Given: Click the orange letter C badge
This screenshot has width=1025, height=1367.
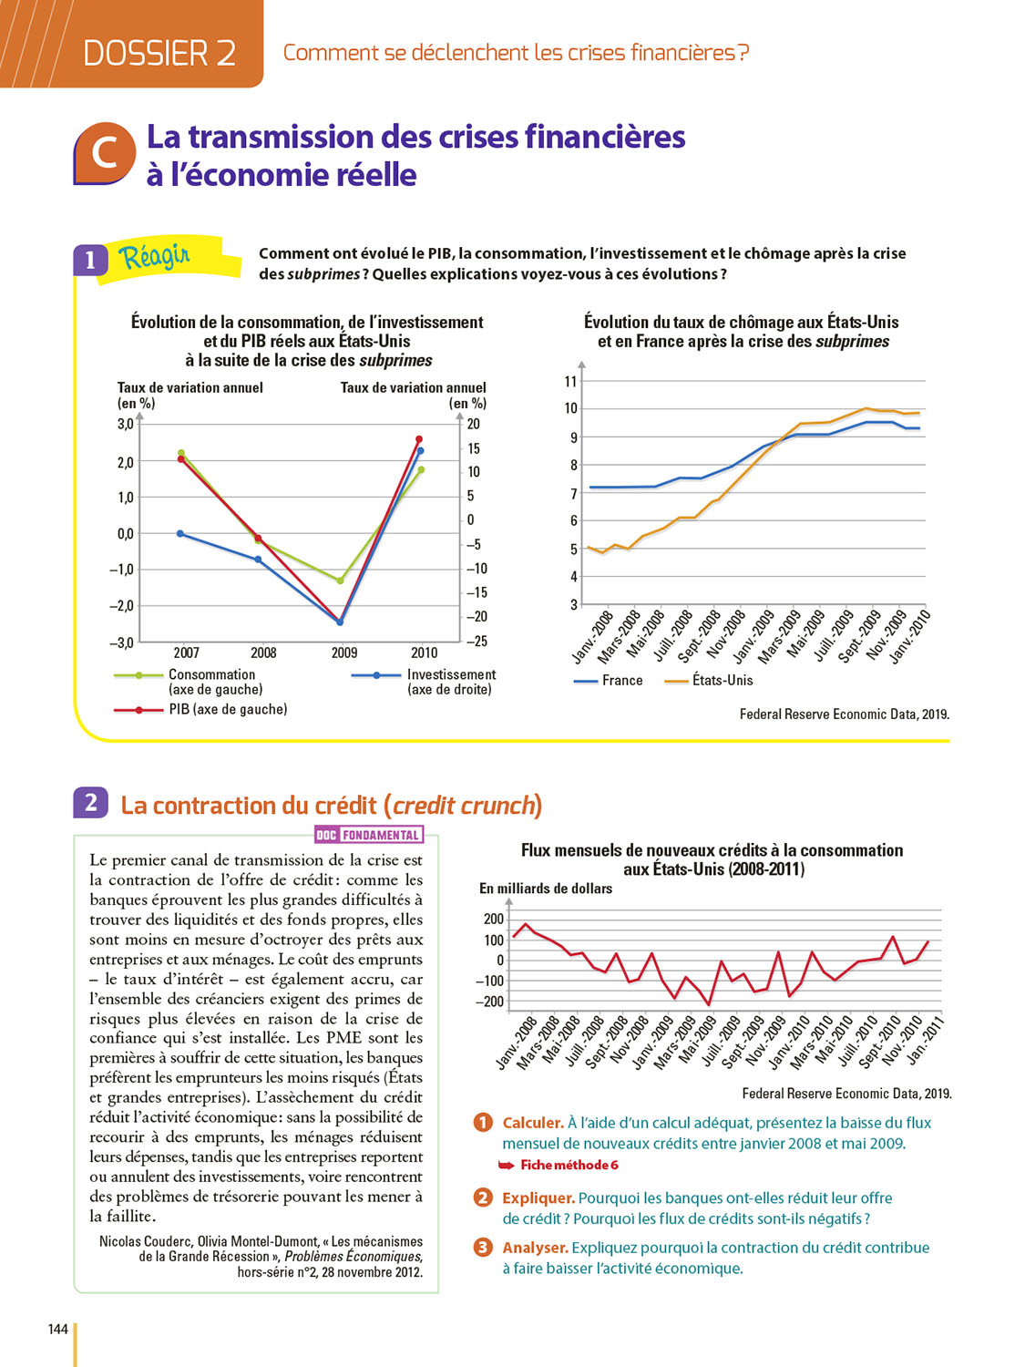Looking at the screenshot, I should pyautogui.click(x=104, y=153).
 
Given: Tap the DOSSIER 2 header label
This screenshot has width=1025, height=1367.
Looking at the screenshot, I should pyautogui.click(x=159, y=53).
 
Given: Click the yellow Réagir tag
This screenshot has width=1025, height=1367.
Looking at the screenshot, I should pyautogui.click(x=155, y=257).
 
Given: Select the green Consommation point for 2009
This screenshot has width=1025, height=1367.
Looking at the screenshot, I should pyautogui.click(x=341, y=581).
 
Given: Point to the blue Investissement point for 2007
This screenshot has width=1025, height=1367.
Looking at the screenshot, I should pyautogui.click(x=180, y=533).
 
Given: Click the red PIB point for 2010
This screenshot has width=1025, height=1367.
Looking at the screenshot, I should pyautogui.click(x=419, y=439).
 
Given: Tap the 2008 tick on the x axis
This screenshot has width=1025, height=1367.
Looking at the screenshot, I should pyautogui.click(x=263, y=653).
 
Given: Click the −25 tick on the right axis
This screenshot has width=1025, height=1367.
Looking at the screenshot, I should pyautogui.click(x=477, y=642).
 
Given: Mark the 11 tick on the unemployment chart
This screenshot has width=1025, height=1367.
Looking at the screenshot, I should pyautogui.click(x=571, y=381).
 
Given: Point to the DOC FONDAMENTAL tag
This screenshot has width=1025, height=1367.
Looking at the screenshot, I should pyautogui.click(x=368, y=835).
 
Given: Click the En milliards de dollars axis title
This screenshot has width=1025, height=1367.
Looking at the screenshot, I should pyautogui.click(x=546, y=889).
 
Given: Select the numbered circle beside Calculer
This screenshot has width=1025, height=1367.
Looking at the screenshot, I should pyautogui.click(x=483, y=1123).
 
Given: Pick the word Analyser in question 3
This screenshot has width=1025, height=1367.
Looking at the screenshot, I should pyautogui.click(x=535, y=1248).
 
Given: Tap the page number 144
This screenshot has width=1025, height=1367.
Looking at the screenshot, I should pyautogui.click(x=58, y=1330).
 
